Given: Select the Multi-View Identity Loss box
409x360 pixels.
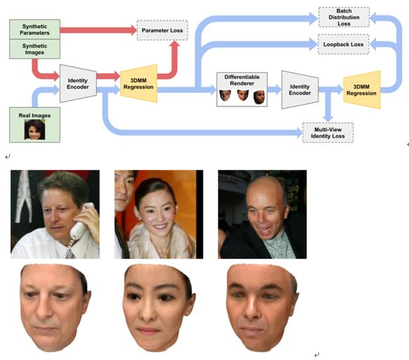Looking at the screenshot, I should [327, 132].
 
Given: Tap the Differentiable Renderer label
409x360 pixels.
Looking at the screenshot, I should [241, 79].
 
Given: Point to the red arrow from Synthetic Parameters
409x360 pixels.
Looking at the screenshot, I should [98, 30].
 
